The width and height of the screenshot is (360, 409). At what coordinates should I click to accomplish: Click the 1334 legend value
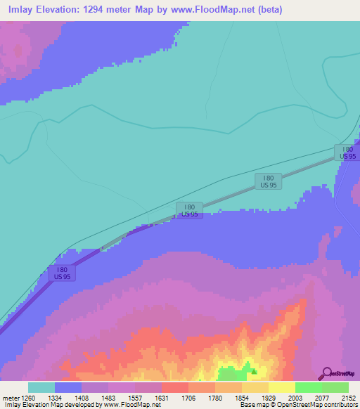click(55, 397)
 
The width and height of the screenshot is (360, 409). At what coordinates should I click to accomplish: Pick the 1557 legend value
click(135, 397)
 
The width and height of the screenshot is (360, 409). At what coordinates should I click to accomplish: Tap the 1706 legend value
click(188, 397)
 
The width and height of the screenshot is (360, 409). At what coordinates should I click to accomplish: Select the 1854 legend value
click(242, 397)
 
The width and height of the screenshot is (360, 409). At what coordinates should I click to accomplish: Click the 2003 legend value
click(295, 397)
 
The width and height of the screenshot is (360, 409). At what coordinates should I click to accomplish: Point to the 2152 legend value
click(348, 397)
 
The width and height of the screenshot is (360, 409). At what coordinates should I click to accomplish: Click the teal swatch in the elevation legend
click(41, 387)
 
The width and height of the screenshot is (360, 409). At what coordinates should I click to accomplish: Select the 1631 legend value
click(162, 397)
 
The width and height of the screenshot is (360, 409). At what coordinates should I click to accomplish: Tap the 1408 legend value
click(82, 397)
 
